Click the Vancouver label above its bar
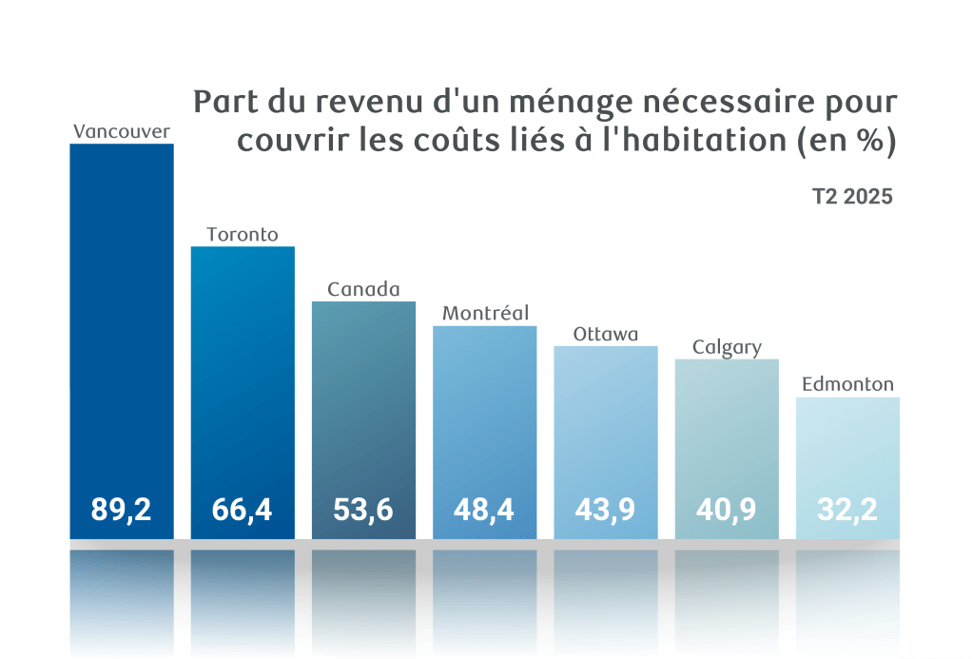pyautogui.click(x=122, y=131)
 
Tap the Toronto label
pyautogui.click(x=243, y=234)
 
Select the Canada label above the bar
pyautogui.click(x=363, y=289)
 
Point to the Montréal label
pyautogui.click(x=485, y=313)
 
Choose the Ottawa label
pyautogui.click(x=605, y=335)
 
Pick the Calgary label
pyautogui.click(x=727, y=347)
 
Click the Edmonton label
pyautogui.click(x=847, y=385)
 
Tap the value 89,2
pyautogui.click(x=122, y=510)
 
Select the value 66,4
pyautogui.click(x=243, y=510)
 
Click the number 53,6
pyautogui.click(x=363, y=510)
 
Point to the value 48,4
pyautogui.click(x=484, y=510)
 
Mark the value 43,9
pyautogui.click(x=605, y=510)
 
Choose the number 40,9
pyautogui.click(x=727, y=510)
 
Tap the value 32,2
pyautogui.click(x=847, y=510)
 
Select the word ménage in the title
pyautogui.click(x=548, y=102)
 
